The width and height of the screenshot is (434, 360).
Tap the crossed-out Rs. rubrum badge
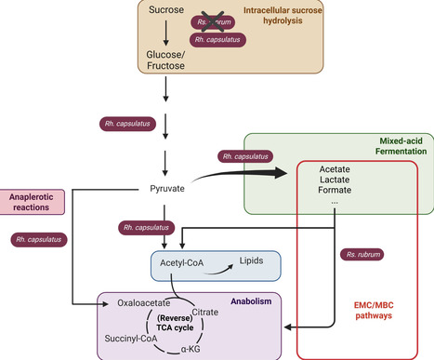tap(216, 20)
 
